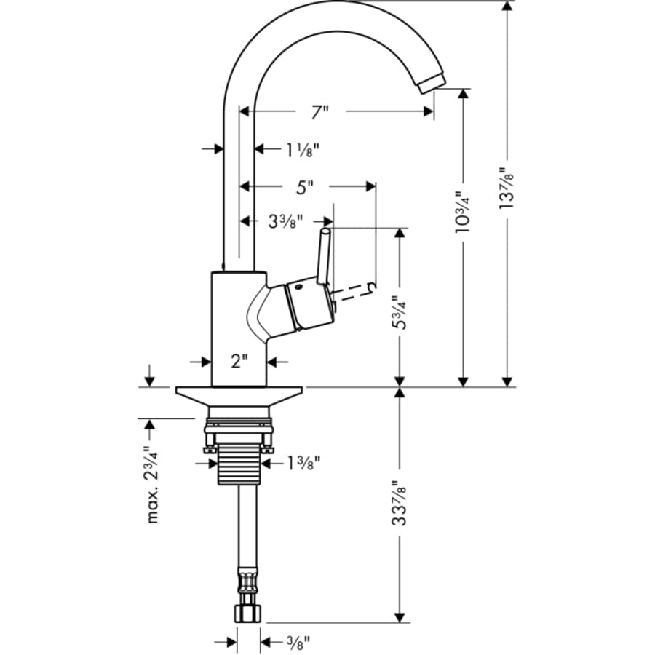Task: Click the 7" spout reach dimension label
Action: [319, 112]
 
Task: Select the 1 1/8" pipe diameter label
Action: [302, 149]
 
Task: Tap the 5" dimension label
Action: [304, 187]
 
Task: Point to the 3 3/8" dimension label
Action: [286, 221]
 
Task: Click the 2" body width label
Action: [239, 361]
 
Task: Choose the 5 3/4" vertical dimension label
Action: [398, 311]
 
